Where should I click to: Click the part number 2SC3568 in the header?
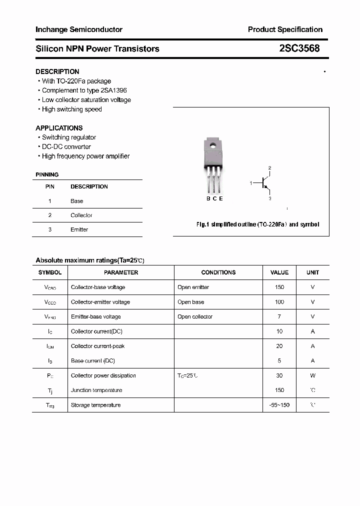coord(299,48)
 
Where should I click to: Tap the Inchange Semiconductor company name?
coord(79,29)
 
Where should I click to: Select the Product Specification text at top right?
coord(285,29)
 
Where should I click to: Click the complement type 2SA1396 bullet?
coord(84,90)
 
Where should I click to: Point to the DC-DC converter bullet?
coord(66,146)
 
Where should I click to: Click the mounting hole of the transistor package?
coord(213,146)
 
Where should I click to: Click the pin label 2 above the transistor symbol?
coord(269,168)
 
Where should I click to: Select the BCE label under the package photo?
coord(214,198)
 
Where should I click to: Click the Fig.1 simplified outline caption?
coord(257,224)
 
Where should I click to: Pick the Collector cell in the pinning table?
coord(81,215)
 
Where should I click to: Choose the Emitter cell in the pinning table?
coord(79,229)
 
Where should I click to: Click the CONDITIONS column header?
coord(218,272)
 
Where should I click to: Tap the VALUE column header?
coord(279,272)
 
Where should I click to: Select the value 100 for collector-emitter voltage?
coord(279,302)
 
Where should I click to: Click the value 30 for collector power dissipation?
coord(279,375)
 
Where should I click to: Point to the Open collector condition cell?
coord(195,316)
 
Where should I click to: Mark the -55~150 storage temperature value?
coord(279,405)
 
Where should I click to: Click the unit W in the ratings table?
coord(312,375)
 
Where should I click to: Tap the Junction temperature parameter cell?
coord(96,390)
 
